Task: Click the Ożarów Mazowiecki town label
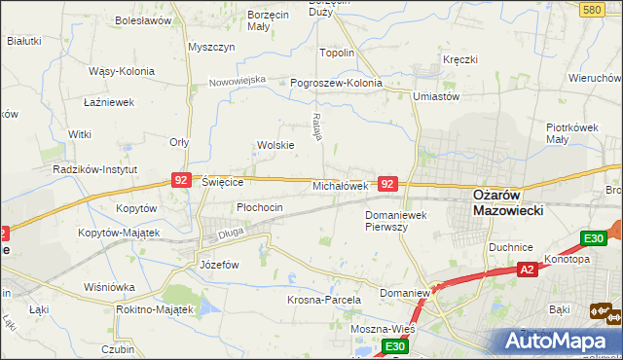(507, 201)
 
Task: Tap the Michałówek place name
(340, 185)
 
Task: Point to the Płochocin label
(260, 207)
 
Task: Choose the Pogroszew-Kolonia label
(337, 83)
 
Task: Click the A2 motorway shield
(527, 270)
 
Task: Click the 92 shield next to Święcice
(181, 180)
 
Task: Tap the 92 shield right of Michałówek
(387, 183)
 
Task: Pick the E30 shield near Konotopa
(593, 238)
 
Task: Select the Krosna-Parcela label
(324, 301)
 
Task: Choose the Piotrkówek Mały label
(570, 133)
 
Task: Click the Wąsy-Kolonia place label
(123, 71)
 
